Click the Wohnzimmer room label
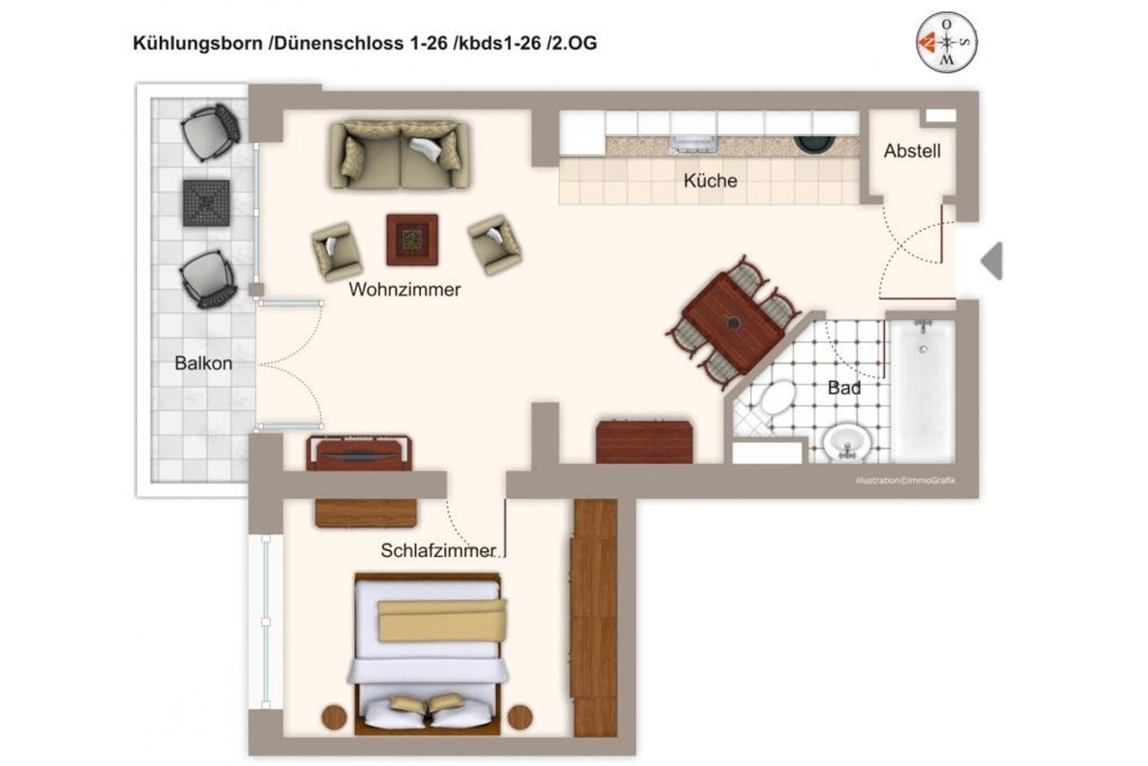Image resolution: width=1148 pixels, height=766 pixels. [404, 290]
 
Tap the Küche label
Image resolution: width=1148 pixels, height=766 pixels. [710, 180]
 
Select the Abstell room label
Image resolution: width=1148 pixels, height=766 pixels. [911, 151]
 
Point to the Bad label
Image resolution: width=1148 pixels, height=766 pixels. [843, 388]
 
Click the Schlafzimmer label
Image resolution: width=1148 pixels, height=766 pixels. [438, 551]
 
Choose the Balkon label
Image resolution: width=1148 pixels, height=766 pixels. [203, 363]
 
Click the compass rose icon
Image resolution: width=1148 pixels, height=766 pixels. [946, 42]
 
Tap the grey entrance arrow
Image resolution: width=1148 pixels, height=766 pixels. [991, 261]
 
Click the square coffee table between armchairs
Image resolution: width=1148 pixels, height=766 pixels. [412, 239]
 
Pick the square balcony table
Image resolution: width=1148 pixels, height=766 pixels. [206, 203]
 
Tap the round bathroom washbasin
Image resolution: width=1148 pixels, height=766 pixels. [846, 441]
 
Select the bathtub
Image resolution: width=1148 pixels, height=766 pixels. [922, 391]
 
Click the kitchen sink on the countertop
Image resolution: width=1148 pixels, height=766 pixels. [693, 144]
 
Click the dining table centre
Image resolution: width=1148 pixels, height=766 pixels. [733, 323]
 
